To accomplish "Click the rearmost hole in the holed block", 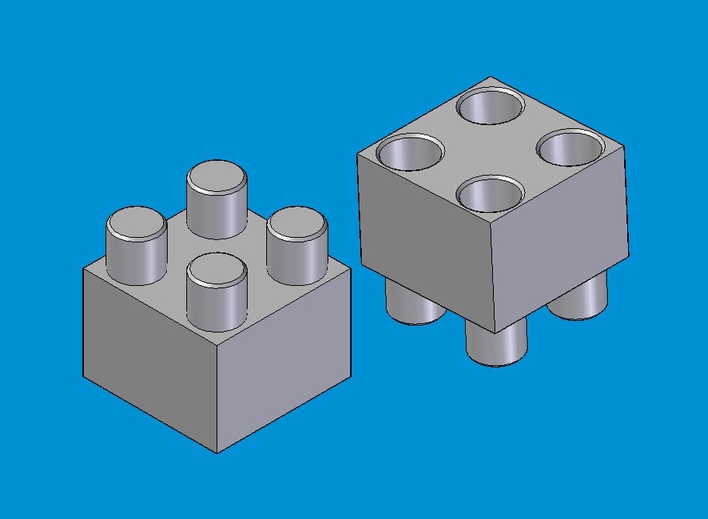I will tap(490, 107).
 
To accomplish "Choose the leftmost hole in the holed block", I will tap(409, 152).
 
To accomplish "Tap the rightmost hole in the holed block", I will tap(571, 148).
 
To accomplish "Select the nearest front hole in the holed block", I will tap(490, 194).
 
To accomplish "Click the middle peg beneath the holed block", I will tap(496, 346).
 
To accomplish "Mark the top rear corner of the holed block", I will tap(491, 77).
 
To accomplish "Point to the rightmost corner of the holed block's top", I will tap(625, 145).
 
